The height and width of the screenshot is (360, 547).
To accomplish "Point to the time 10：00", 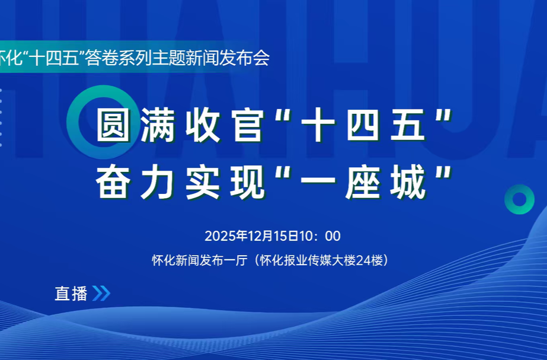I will pos(320,236).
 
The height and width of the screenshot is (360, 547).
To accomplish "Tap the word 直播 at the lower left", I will pos(71,294).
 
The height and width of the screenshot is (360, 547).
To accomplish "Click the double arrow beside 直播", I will pos(101,294).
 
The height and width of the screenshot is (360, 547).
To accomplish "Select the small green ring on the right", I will pos(520,199).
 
